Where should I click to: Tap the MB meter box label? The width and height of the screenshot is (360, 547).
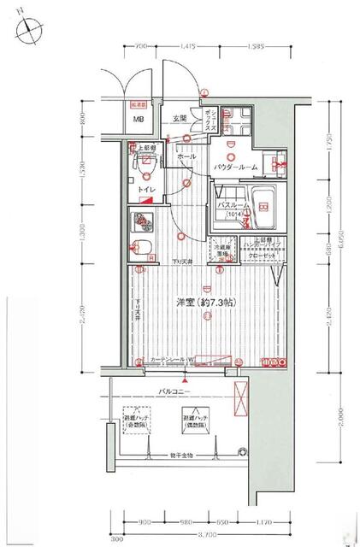click(137, 120)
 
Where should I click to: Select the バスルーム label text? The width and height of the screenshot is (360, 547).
click(233, 206)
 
